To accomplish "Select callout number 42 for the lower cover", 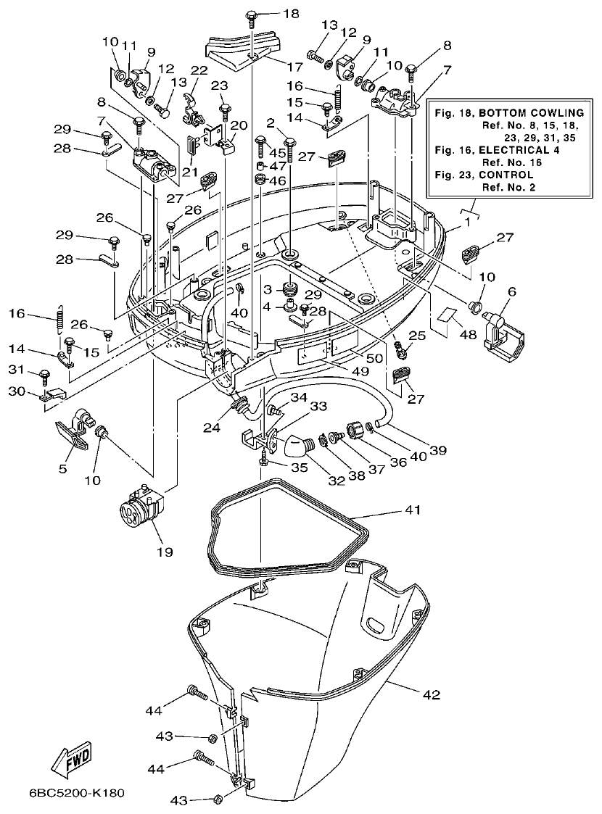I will (x=431, y=694).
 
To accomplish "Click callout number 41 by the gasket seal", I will (x=411, y=511).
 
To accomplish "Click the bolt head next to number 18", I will (x=252, y=14).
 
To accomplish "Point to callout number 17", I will (x=294, y=67).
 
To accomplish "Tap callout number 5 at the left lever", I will (x=63, y=469).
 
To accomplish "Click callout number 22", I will (x=198, y=70).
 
